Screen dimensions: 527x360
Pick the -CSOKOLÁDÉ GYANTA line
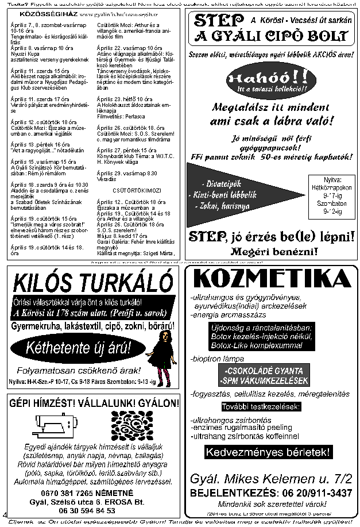point(265,371)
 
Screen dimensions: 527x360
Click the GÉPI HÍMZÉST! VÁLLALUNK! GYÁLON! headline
point(92,403)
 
